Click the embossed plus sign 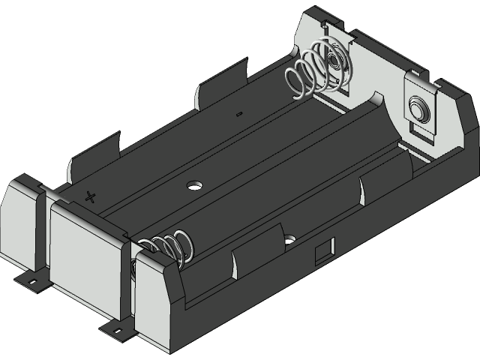coord(91,197)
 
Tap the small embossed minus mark coord(238,114)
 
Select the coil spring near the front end coord(171,247)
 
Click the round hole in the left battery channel coord(196,184)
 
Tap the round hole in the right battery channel coord(289,241)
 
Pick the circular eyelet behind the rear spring coord(334,61)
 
